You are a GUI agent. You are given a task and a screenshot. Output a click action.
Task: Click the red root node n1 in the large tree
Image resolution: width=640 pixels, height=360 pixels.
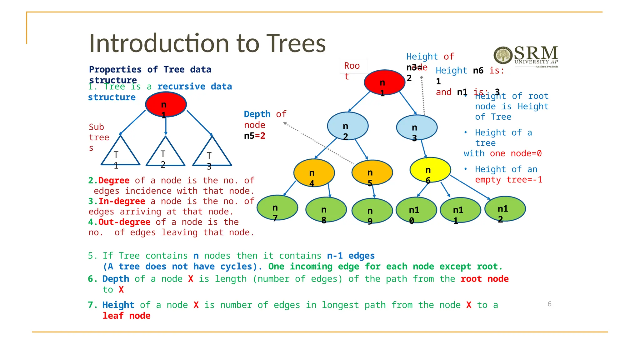tap(384, 82)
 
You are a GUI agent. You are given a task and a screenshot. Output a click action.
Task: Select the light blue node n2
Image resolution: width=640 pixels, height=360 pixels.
tap(347, 126)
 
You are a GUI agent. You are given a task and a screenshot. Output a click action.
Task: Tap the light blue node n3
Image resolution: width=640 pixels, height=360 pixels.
tap(417, 127)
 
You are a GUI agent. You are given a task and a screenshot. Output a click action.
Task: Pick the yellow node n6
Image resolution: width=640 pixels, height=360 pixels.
tap(430, 170)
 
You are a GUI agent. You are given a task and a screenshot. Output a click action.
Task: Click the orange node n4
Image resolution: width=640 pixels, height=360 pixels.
tap(314, 173)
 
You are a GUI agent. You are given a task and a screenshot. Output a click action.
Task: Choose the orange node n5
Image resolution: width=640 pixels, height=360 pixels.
tap(372, 172)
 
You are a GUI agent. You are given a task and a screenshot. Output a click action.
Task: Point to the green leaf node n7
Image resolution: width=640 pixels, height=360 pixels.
tap(277, 208)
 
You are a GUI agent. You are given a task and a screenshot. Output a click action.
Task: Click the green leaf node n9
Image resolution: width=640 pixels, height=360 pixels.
tap(372, 211)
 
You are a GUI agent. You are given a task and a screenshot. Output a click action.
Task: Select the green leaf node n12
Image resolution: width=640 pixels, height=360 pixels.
tap(505, 209)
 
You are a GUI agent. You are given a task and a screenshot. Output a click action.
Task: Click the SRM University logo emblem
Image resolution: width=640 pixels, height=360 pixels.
tap(502, 55)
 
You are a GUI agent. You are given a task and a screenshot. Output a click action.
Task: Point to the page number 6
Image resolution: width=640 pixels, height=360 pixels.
tap(549, 304)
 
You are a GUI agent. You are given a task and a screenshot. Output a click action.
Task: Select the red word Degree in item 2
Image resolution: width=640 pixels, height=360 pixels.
tap(114, 181)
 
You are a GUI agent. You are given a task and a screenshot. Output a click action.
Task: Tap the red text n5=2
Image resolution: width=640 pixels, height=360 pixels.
tap(255, 136)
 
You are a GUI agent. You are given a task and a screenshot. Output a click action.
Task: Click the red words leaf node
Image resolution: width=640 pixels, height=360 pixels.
tap(127, 316)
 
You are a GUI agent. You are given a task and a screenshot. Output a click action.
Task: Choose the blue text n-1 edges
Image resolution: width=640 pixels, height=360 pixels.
tap(351, 256)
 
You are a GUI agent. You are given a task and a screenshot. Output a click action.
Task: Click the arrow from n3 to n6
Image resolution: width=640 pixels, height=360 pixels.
tap(423, 149)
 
